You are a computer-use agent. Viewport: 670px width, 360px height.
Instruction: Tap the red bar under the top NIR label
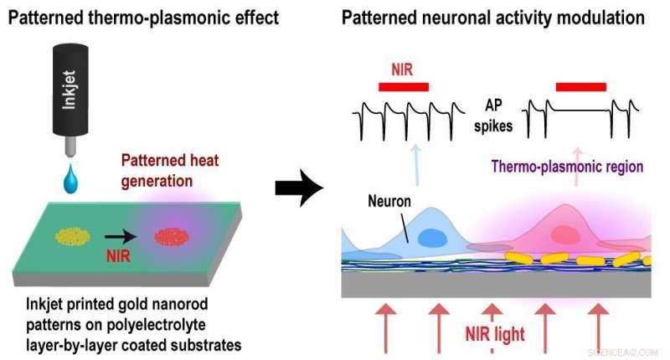pyautogui.click(x=404, y=85)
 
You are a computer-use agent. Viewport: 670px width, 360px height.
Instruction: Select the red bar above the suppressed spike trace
pyautogui.click(x=580, y=85)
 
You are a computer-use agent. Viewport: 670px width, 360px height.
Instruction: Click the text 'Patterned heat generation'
pyautogui.click(x=157, y=170)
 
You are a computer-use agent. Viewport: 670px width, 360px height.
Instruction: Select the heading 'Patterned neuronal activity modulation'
pyautogui.click(x=493, y=17)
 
